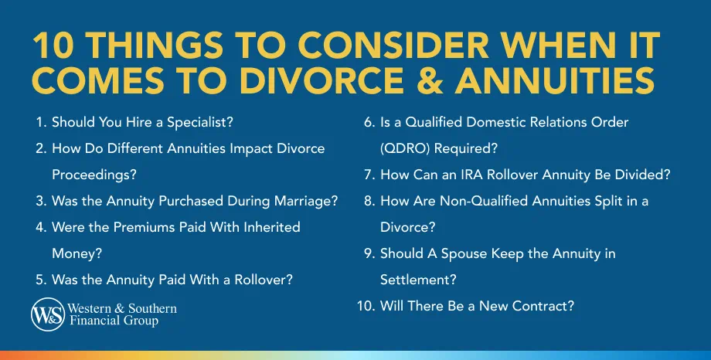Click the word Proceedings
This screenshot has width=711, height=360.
tap(87, 175)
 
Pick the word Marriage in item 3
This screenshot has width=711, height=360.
tap(303, 201)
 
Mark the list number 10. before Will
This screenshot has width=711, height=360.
tap(365, 306)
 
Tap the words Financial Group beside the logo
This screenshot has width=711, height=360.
tap(113, 321)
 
